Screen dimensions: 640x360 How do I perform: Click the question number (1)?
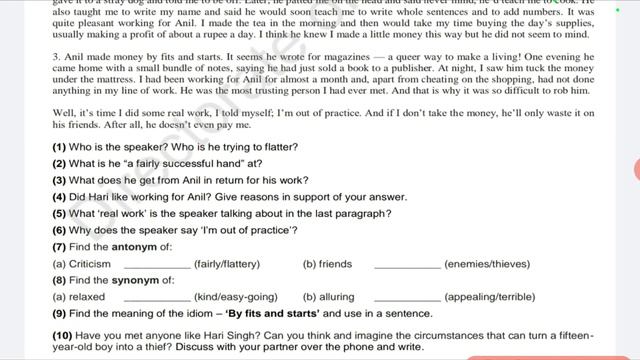coord(59,147)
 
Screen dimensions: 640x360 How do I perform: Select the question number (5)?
coord(59,213)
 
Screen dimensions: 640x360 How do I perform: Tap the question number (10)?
coord(62,335)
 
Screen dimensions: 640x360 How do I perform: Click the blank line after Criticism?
coord(157,265)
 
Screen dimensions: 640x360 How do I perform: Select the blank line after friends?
coord(406,265)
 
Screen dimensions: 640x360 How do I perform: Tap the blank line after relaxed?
coord(157,298)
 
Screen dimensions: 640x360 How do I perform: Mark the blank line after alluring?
coord(406,298)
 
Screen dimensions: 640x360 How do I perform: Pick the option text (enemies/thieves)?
coord(487,264)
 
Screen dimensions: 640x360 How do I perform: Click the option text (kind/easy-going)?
coord(236,297)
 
